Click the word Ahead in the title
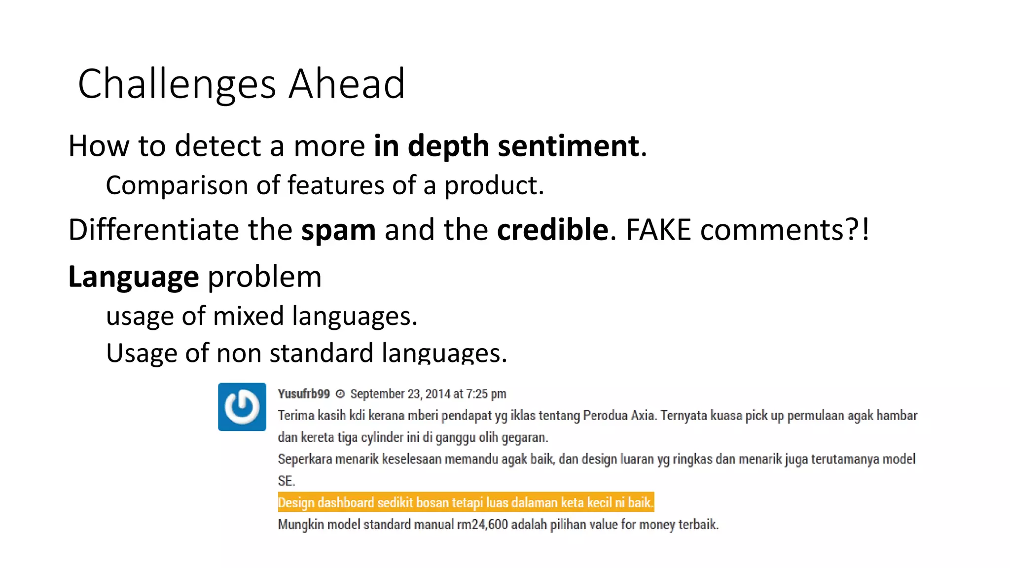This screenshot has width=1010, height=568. coord(346,84)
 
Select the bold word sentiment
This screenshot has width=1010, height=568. coord(568,146)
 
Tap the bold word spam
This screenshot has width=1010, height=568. coord(338,230)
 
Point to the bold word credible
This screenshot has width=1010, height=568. coord(552,230)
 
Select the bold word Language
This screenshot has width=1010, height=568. coord(133,277)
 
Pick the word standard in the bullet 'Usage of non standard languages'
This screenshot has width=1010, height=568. coord(321,353)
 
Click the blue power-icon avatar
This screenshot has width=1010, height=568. coord(242,407)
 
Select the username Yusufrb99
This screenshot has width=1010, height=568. coord(303,394)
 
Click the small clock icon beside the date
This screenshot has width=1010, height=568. coord(340,394)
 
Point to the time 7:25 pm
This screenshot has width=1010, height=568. coord(486,394)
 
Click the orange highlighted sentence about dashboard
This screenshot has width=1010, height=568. coord(466,502)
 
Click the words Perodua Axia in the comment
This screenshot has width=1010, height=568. coord(619,416)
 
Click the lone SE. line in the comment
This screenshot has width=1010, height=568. coord(286,481)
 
